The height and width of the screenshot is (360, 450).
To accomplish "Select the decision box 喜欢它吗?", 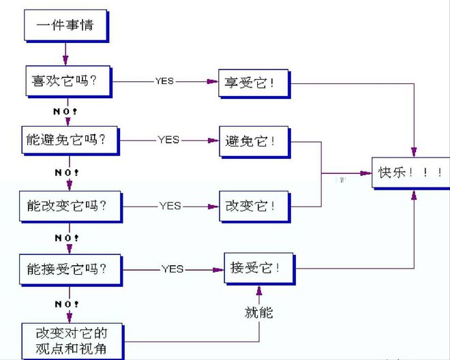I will pos(65,81).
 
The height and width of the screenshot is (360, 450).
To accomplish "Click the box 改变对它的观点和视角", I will pos(72,340).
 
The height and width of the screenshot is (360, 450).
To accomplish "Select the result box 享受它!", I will pos(252,82).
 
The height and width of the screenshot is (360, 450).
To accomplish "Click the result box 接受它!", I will pos(259,269).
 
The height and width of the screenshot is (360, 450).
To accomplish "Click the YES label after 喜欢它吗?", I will pos(164,81).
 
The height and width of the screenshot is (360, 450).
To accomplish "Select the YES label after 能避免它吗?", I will pos(168,140).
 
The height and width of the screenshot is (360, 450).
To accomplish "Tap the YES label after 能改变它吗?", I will pos(170,205).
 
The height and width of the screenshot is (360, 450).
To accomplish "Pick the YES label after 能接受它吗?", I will pos(172,269).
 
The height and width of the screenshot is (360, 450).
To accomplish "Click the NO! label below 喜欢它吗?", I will pos(66,111).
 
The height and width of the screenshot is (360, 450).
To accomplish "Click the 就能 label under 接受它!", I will pos(258,313).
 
